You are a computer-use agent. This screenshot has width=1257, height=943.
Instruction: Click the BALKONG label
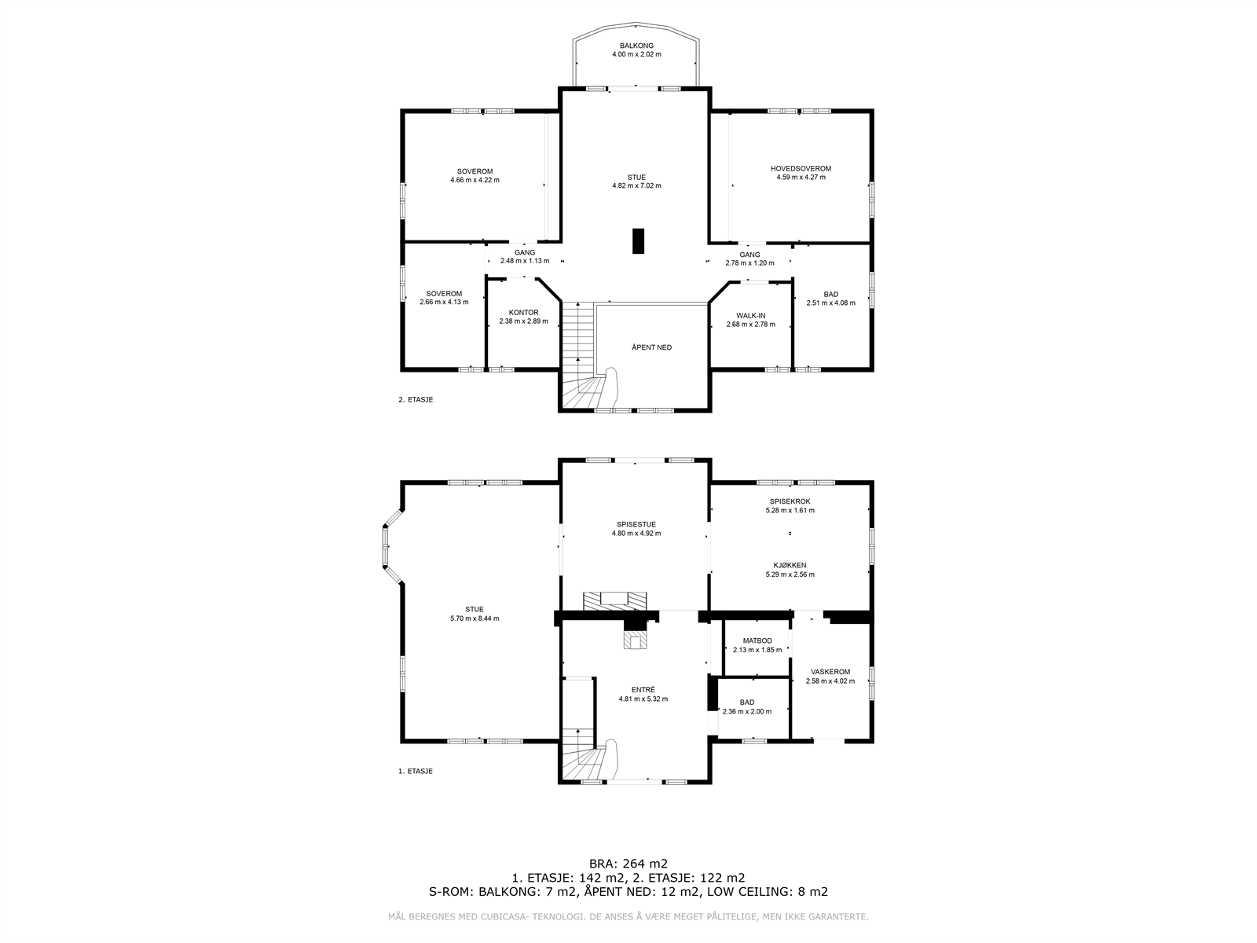(x=636, y=46)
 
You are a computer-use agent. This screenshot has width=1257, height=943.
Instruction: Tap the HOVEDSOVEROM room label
(x=801, y=169)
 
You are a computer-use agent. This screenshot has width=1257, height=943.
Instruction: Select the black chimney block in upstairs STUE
(x=638, y=241)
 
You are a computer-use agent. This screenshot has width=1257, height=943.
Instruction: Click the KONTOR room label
(x=523, y=313)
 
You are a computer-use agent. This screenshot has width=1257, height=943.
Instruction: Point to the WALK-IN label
(x=751, y=315)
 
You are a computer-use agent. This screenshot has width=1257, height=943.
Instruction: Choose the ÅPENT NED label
(x=652, y=347)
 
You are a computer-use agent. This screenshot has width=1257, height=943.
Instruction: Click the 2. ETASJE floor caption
(x=416, y=400)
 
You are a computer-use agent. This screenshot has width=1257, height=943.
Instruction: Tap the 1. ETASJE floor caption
(x=416, y=771)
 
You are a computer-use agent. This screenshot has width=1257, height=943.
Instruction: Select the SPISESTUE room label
(x=636, y=524)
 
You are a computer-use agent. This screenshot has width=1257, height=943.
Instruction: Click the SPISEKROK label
(x=790, y=501)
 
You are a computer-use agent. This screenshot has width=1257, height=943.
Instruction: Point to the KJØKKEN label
(x=790, y=565)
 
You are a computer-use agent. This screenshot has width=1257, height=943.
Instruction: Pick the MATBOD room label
(x=757, y=640)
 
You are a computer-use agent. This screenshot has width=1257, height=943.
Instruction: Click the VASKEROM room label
(x=830, y=672)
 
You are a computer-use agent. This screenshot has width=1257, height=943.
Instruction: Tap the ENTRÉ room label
(x=643, y=690)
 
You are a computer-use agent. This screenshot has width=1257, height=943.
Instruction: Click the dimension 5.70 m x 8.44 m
(x=475, y=618)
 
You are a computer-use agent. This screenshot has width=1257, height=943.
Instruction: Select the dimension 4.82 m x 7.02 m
(x=636, y=185)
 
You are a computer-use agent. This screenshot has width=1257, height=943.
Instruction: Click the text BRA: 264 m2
(x=628, y=864)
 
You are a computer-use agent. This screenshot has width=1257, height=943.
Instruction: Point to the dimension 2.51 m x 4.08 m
(x=831, y=303)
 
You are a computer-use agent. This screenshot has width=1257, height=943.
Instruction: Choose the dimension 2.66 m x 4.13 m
(x=444, y=302)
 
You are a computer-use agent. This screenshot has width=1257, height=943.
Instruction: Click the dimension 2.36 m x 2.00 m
(x=747, y=712)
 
